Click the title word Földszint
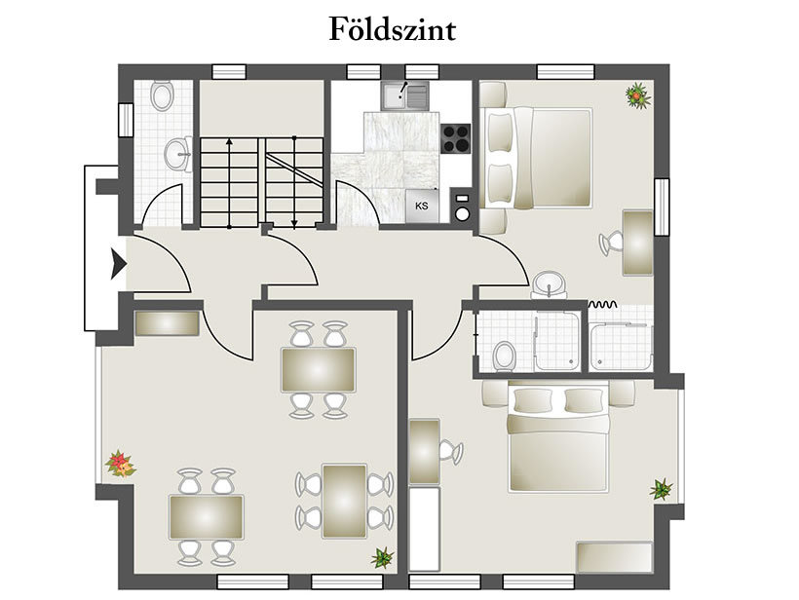click(x=392, y=29)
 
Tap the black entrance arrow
click(x=118, y=264)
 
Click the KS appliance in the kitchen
click(x=422, y=206)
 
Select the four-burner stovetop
click(x=456, y=138)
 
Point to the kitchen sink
click(x=405, y=96)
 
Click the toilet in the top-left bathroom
click(x=162, y=95)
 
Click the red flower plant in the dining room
click(x=120, y=464)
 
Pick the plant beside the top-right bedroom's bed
click(x=637, y=95)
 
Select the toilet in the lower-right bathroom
click(x=504, y=356)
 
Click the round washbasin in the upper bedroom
click(x=549, y=284)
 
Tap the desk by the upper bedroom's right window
click(x=638, y=243)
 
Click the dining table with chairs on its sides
click(x=345, y=501)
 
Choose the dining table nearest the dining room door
click(x=319, y=370)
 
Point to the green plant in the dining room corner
click(x=383, y=558)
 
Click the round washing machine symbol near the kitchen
click(x=462, y=214)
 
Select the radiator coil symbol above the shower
click(x=603, y=305)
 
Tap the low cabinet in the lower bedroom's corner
click(x=615, y=558)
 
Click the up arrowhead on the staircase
click(x=229, y=141)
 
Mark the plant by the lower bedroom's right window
click(x=661, y=490)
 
